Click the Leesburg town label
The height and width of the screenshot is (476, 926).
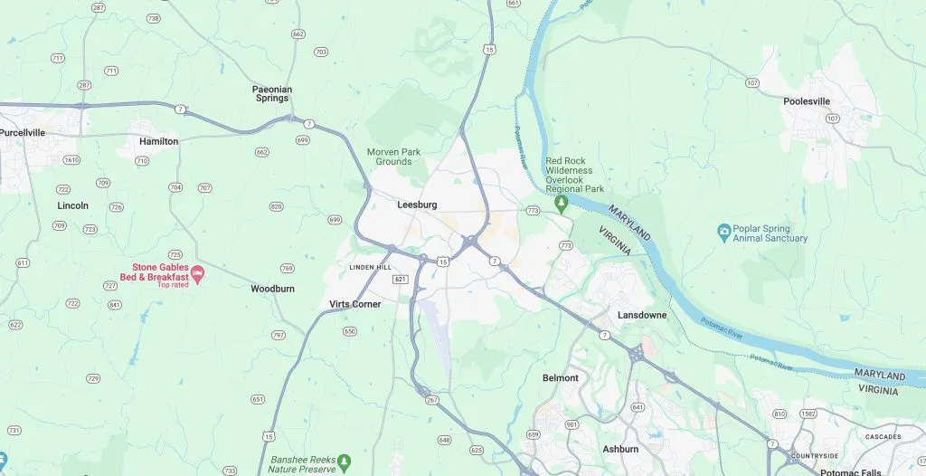(417, 205)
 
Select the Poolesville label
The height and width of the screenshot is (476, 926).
(807, 101)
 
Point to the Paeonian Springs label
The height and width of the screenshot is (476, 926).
(272, 95)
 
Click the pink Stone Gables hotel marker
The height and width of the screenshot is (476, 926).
(196, 272)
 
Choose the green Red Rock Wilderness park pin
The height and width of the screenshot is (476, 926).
(561, 202)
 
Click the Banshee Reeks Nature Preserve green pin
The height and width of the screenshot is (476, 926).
(344, 462)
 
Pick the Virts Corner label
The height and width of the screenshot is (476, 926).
(355, 305)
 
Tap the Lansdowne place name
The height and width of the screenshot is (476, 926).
(642, 316)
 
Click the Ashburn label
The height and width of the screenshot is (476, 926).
(620, 450)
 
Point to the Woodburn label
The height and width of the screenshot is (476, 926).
(272, 290)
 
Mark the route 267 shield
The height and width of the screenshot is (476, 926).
(430, 399)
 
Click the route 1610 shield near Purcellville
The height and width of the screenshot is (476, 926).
(71, 160)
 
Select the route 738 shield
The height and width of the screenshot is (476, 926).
(153, 18)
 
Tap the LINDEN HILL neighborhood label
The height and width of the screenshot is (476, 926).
(371, 268)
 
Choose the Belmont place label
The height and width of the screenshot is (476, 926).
(560, 378)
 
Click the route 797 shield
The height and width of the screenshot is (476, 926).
(278, 335)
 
